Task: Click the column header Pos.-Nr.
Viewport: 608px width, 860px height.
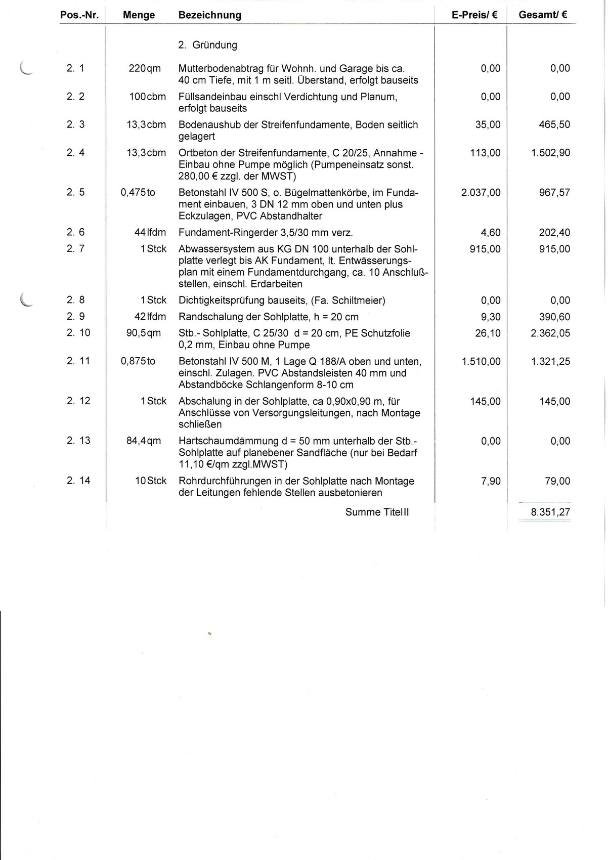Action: coord(79,15)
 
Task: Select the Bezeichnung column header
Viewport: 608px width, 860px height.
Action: coord(210,15)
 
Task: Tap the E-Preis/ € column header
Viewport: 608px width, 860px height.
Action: coord(474,15)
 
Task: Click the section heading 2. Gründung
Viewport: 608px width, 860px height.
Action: coord(208,45)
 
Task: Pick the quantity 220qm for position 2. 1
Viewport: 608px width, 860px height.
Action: coord(145,68)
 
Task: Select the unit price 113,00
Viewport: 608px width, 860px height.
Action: coord(485,153)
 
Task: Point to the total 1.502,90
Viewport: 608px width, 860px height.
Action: coord(550,153)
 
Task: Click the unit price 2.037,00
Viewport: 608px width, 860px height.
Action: coord(481,193)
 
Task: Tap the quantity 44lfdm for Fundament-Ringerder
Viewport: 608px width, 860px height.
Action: coord(150,233)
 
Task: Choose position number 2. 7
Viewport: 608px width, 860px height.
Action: coord(76,249)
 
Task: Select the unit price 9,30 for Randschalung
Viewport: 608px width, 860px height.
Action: coord(491,317)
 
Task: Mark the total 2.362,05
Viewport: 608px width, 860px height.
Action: coord(550,333)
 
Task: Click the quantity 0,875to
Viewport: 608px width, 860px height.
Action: coord(138,361)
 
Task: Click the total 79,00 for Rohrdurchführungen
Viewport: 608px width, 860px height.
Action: coord(557,481)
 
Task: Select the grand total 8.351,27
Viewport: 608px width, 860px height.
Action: coord(550,512)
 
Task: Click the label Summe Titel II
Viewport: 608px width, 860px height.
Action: coord(377,512)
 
